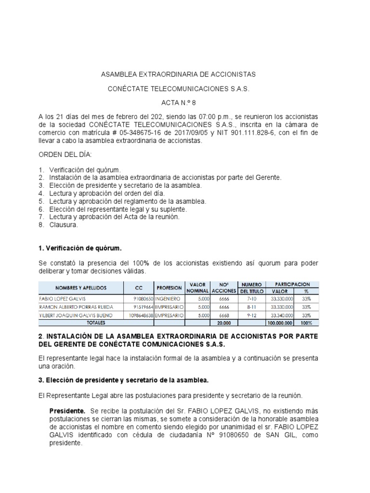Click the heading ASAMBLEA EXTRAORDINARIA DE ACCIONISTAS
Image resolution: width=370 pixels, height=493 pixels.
tap(178, 75)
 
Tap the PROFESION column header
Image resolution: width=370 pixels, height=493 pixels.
tap(169, 288)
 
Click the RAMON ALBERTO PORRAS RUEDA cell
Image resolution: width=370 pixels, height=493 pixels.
tap(74, 307)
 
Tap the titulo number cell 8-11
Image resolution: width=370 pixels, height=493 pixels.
tap(251, 307)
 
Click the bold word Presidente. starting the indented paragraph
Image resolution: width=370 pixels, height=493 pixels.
tap(68, 411)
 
